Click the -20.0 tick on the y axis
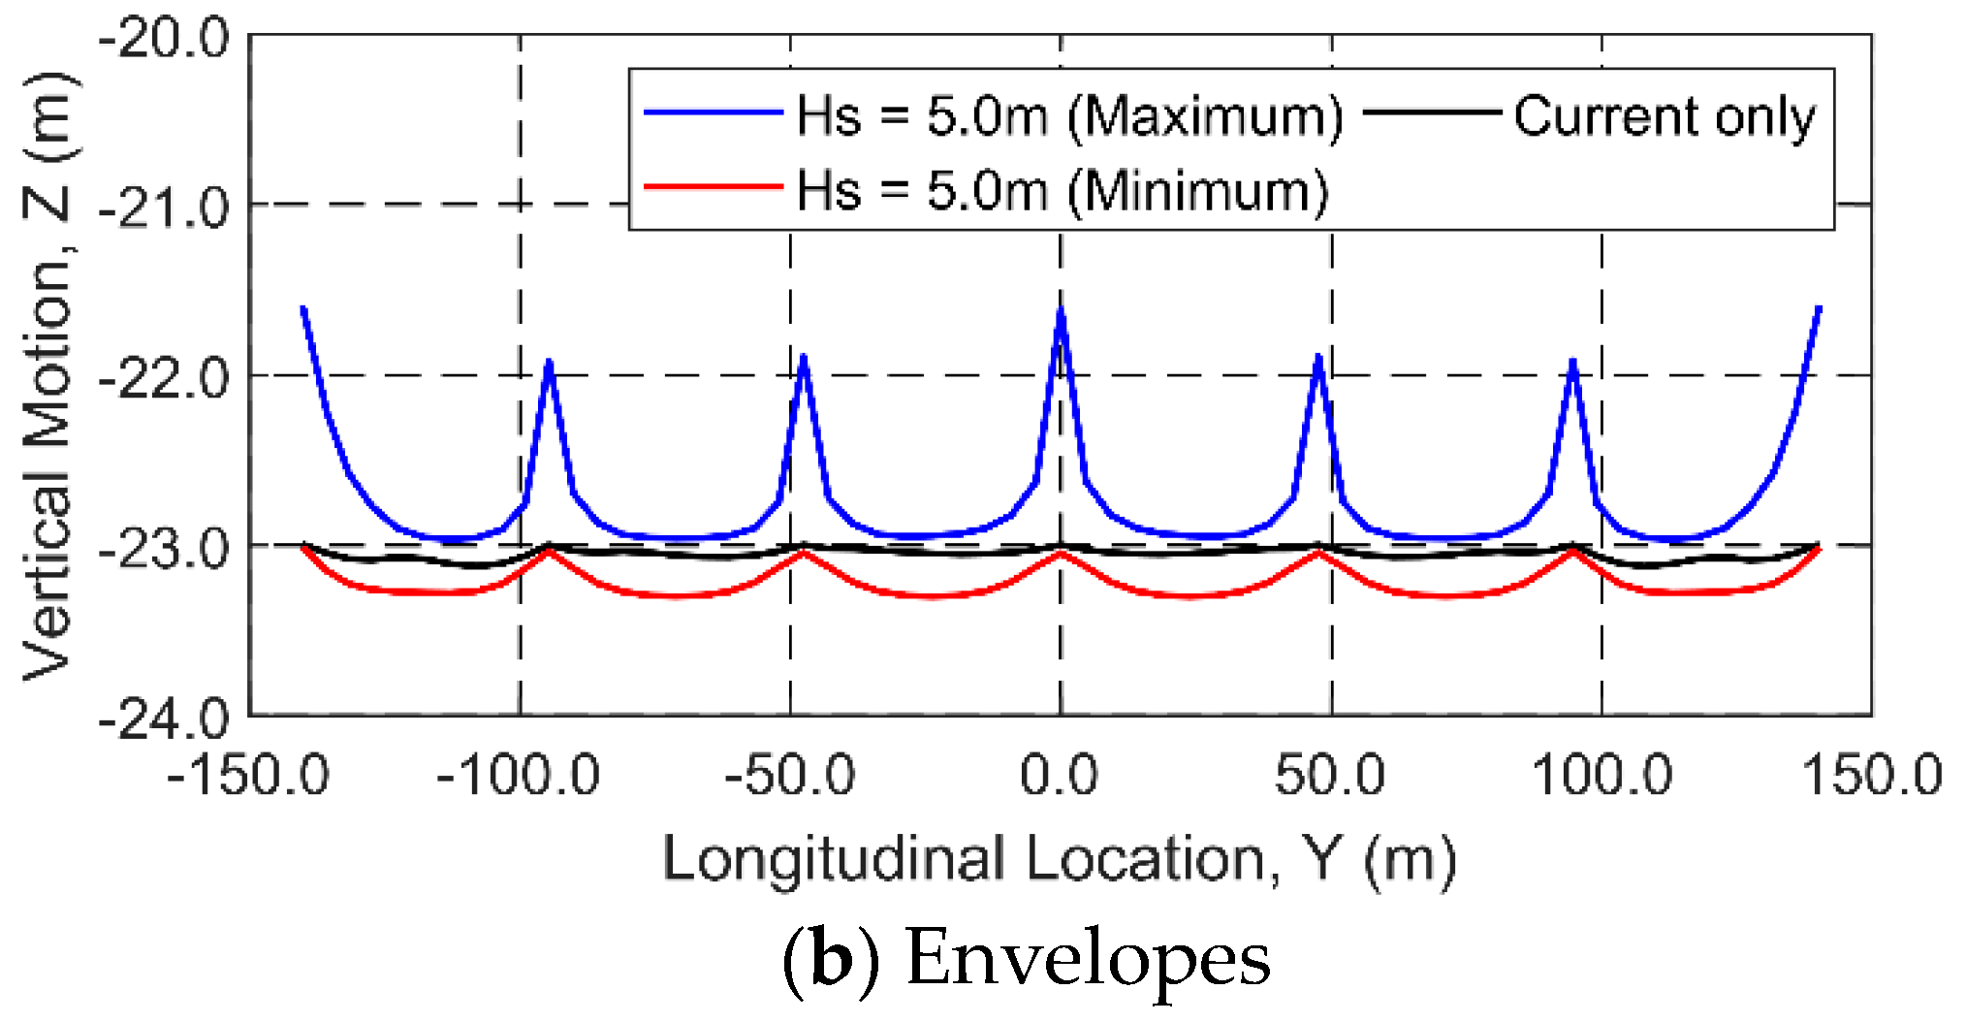pos(165,41)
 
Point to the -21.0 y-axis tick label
pos(165,208)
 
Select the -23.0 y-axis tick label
pos(165,549)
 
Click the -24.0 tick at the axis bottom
pos(165,719)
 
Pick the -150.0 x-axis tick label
pos(248,776)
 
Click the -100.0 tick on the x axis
pos(519,776)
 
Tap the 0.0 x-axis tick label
pos(1060,776)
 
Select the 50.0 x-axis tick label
pos(1330,776)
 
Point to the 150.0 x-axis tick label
pos(1872,776)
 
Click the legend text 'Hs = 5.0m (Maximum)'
pos(1069,116)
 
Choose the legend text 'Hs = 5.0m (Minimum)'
pos(1062,190)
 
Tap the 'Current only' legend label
pos(1665,116)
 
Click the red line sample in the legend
pos(713,186)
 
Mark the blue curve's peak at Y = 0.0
pos(1061,309)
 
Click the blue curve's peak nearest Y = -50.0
pos(804,357)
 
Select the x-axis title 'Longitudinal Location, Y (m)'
pos(1060,859)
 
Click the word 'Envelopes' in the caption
pos(1088,958)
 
